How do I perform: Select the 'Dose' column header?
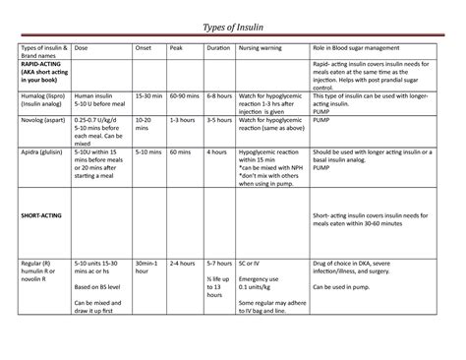tap(81, 47)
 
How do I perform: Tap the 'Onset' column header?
tap(144, 47)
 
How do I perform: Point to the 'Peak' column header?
tap(176, 47)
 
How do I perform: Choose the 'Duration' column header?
tap(216, 47)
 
